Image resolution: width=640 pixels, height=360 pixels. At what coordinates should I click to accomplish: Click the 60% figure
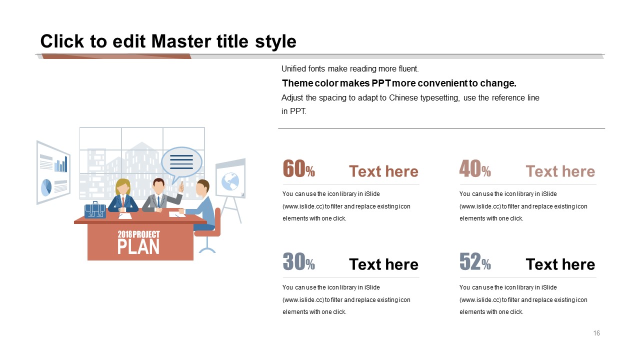[299, 169]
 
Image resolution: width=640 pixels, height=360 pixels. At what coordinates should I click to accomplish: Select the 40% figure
[475, 169]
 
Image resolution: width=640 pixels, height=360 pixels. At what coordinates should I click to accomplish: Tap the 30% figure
[299, 261]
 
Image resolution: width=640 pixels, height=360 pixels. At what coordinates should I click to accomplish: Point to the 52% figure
[475, 261]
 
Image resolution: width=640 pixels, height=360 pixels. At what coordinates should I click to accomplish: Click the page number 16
[596, 333]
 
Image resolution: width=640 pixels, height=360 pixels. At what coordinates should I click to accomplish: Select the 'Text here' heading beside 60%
[383, 171]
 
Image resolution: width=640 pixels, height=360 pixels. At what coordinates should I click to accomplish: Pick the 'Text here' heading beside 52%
[560, 264]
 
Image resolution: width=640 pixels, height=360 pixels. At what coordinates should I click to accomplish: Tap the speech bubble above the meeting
[181, 163]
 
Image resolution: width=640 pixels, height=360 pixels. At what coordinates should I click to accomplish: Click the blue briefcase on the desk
[95, 210]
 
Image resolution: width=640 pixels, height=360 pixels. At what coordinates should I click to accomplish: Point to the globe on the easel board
[230, 181]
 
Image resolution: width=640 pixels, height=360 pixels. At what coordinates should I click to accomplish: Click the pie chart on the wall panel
[46, 187]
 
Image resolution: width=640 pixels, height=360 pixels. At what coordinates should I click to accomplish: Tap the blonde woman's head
[123, 187]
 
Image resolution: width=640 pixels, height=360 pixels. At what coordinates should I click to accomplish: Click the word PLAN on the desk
[138, 247]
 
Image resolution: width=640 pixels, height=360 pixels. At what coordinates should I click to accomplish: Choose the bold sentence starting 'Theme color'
[399, 83]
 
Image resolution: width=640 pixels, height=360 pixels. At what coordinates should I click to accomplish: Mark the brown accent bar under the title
[116, 56]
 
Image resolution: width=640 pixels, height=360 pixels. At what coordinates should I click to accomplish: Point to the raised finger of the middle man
[181, 187]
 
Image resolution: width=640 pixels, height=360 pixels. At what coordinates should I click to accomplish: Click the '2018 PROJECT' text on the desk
[138, 234]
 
